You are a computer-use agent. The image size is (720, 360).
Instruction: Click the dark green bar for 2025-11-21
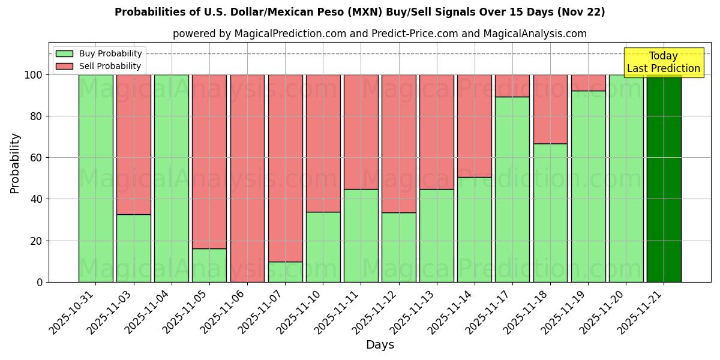664,178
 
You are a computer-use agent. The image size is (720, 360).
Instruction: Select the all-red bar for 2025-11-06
247,178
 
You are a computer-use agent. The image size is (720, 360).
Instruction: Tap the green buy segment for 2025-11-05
209,265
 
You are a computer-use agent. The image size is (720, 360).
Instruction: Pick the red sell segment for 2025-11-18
550,109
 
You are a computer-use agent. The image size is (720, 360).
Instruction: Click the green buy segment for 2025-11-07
285,272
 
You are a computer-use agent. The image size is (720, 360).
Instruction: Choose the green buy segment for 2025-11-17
512,189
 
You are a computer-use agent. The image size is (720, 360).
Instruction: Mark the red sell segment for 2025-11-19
588,83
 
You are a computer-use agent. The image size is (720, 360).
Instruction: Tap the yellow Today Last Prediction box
663,62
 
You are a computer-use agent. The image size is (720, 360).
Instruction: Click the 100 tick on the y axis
34,75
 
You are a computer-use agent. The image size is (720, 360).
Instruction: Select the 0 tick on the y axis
40,282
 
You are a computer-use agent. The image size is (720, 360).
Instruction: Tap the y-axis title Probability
15,163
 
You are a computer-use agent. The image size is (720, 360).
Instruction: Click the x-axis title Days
380,345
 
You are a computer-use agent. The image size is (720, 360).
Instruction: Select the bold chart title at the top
360,12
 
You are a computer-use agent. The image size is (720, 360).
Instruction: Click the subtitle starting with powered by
380,34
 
